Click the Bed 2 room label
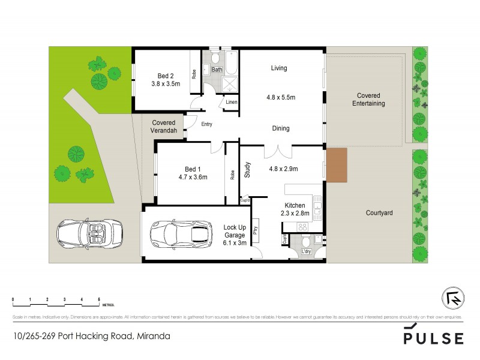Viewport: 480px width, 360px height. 166,76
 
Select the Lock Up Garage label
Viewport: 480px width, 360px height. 235,232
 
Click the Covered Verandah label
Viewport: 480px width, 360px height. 163,126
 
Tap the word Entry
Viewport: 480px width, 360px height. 207,125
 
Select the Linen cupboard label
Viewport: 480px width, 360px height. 231,103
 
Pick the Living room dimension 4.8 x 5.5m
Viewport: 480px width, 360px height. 281,97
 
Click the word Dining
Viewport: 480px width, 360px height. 281,128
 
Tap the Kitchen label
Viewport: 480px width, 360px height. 295,205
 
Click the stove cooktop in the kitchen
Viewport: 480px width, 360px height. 303,227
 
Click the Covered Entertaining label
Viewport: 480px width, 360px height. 368,100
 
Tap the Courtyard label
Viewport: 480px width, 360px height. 379,213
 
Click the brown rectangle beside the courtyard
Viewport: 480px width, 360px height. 337,165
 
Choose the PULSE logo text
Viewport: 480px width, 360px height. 433,338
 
